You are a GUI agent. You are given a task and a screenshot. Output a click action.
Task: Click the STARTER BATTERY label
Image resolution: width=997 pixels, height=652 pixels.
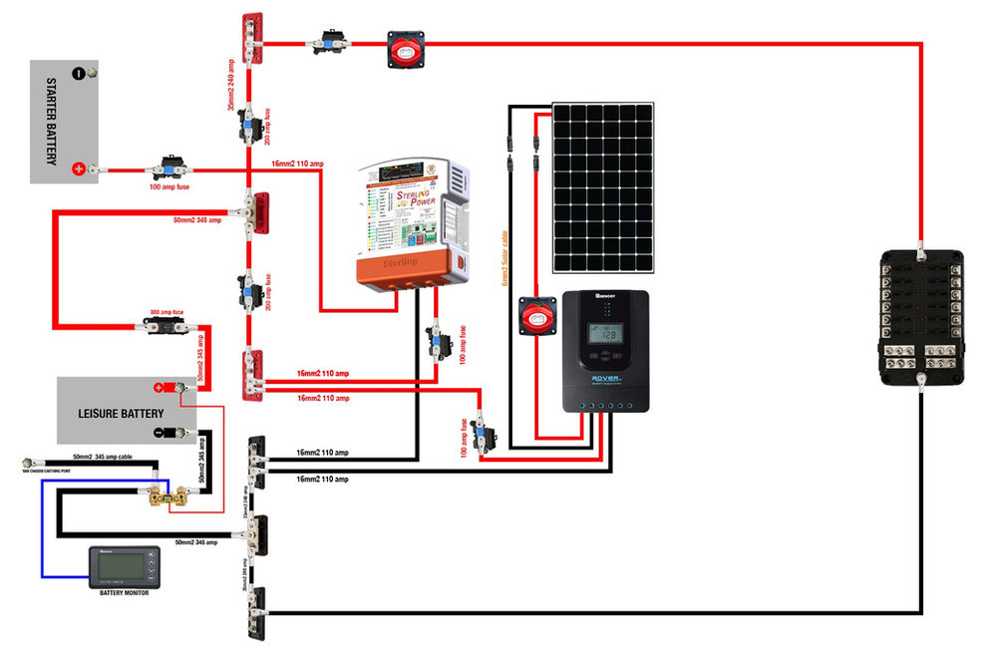(x=50, y=122)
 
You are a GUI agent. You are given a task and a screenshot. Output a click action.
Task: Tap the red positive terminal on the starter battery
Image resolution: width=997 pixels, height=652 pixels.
(x=79, y=170)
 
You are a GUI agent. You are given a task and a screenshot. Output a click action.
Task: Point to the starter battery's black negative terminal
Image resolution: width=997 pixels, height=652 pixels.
(x=79, y=73)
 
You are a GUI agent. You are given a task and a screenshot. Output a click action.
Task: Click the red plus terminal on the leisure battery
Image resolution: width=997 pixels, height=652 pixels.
(x=158, y=388)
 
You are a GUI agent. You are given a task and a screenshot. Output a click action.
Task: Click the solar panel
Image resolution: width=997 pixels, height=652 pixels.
(x=604, y=186)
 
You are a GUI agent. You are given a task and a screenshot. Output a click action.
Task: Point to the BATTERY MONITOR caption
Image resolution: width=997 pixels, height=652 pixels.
(x=125, y=594)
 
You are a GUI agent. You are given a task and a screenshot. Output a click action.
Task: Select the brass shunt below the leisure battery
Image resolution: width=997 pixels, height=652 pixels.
(x=160, y=492)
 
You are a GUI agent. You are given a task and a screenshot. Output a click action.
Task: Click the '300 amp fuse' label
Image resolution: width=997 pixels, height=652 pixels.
(x=166, y=312)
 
